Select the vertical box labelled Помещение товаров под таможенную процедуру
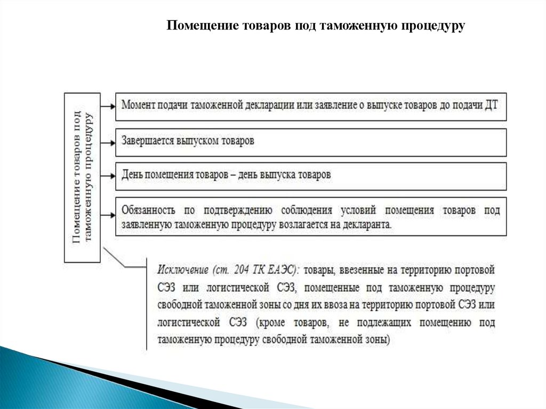pyautogui.click(x=82, y=177)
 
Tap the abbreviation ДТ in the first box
pyautogui.click(x=491, y=105)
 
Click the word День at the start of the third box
pyautogui.click(x=131, y=174)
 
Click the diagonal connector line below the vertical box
pyautogui.click(x=124, y=259)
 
